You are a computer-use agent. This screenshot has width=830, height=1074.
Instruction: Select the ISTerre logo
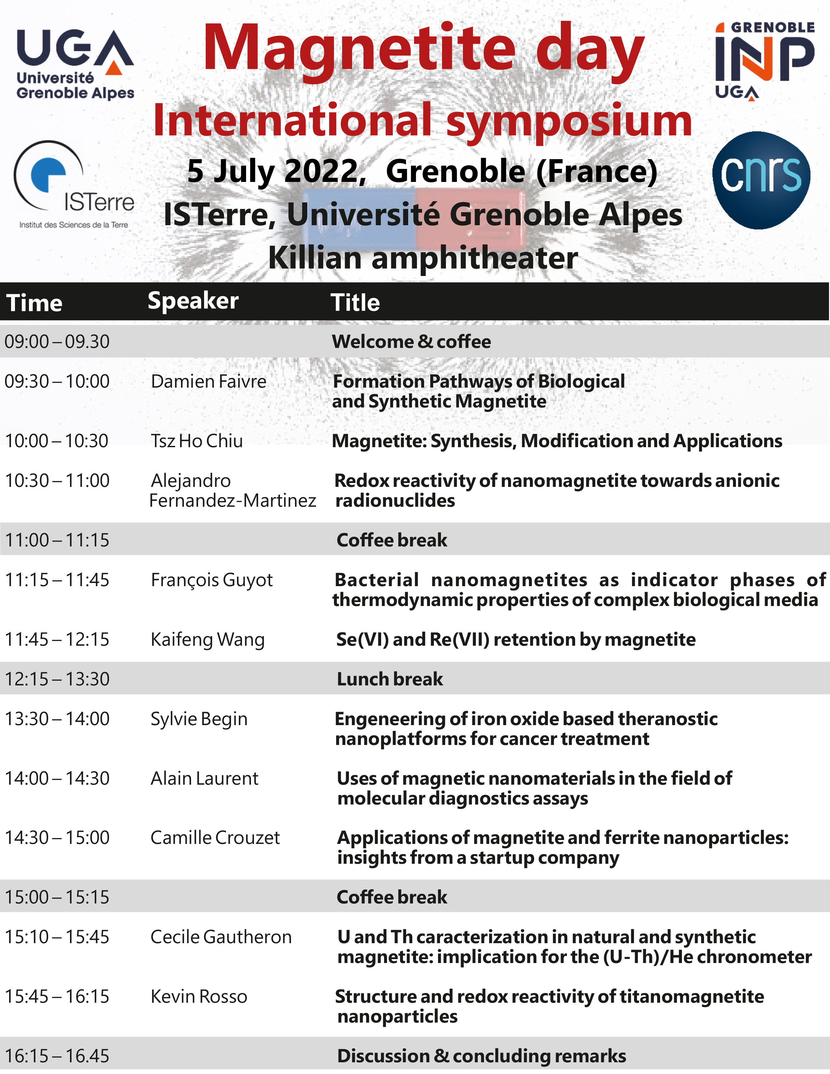tap(74, 185)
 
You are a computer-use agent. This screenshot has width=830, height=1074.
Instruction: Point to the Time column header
tap(35, 302)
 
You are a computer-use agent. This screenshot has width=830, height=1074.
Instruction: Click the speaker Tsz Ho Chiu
tap(197, 441)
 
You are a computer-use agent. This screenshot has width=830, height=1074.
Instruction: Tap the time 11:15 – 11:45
tap(57, 580)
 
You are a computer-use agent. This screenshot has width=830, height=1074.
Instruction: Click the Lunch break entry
tap(390, 679)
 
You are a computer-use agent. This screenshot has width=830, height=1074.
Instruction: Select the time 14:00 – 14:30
tap(57, 778)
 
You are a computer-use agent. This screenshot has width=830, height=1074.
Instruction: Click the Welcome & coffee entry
tap(411, 341)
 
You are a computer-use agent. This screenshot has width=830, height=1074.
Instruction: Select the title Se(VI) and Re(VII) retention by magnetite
tap(516, 639)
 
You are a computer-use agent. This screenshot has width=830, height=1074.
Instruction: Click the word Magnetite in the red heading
tap(359, 49)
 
